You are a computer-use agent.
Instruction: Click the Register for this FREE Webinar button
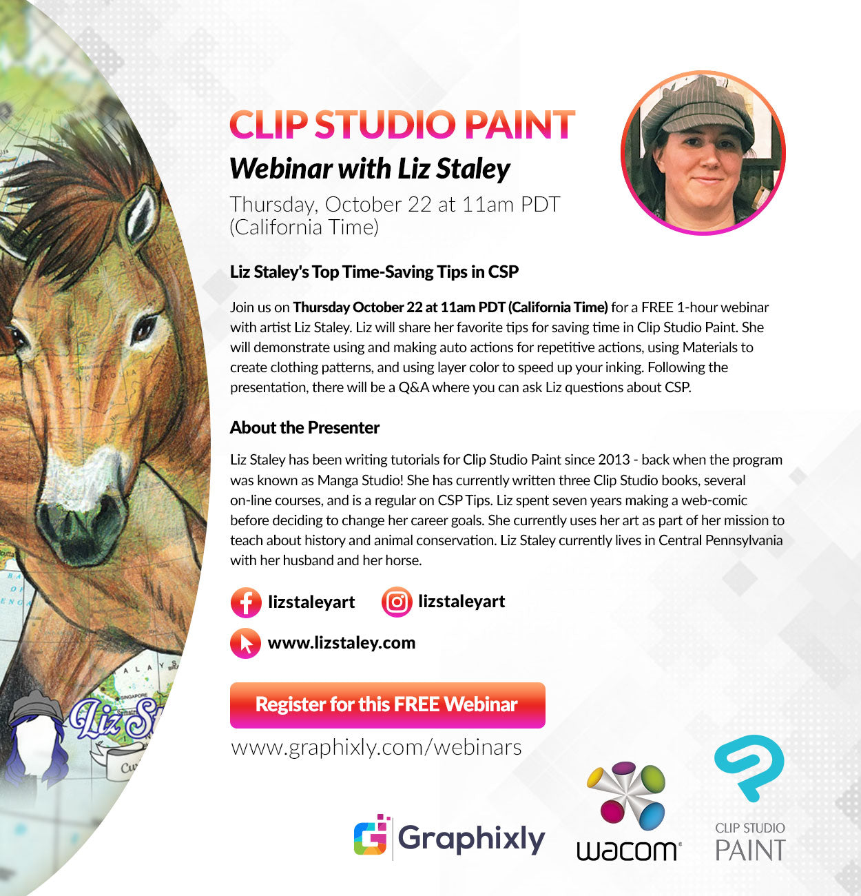tap(388, 705)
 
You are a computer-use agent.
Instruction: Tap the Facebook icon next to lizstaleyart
tap(246, 602)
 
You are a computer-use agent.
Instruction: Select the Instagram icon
tap(397, 602)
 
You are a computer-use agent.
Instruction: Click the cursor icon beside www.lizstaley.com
tap(245, 643)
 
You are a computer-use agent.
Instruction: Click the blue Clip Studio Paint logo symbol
tap(749, 768)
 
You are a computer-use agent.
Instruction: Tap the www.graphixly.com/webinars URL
tap(376, 748)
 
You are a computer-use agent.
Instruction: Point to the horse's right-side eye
tap(144, 327)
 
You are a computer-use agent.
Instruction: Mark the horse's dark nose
tap(79, 528)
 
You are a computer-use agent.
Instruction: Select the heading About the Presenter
tap(304, 428)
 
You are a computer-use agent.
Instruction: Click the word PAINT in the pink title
tap(519, 124)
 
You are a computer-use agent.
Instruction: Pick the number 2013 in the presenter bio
tap(614, 460)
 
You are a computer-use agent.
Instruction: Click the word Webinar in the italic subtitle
tap(281, 169)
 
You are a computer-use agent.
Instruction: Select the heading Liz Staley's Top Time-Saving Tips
tap(374, 272)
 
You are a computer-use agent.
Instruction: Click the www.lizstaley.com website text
tap(342, 643)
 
